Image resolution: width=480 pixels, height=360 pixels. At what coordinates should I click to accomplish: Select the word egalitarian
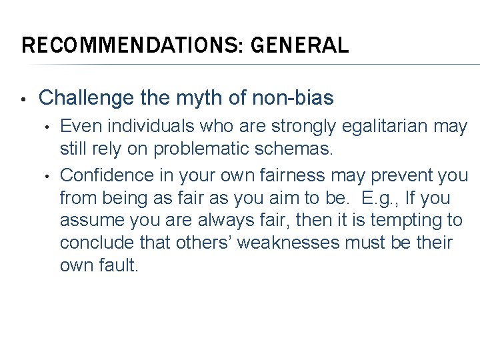tap(394, 127)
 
